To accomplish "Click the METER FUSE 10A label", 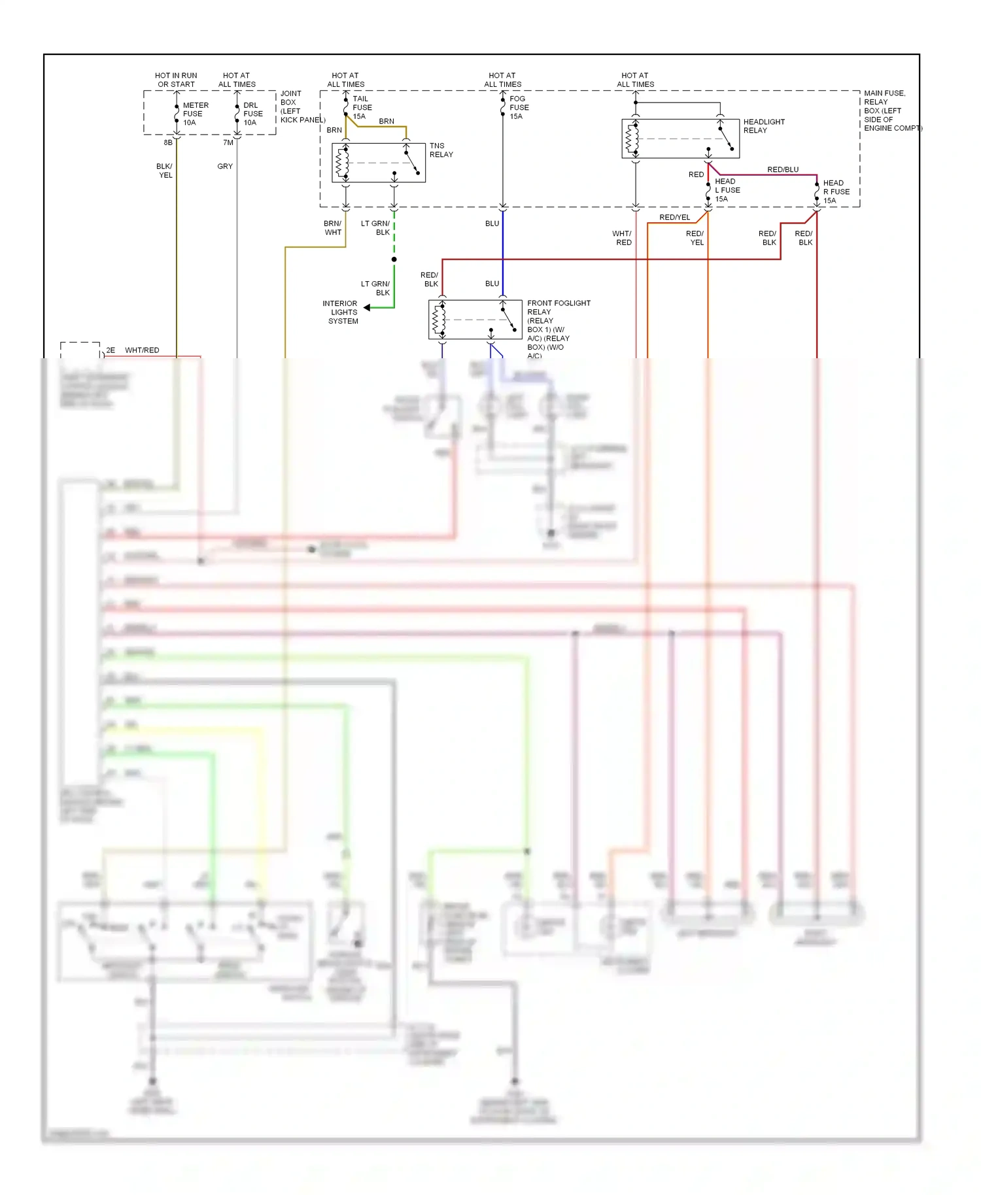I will pos(195,114).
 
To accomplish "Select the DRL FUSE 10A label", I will pos(252,114).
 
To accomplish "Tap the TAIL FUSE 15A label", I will pos(362,108).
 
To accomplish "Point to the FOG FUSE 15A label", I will pos(519,108).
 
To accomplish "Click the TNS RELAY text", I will pos(441,150).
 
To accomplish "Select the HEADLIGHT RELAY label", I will pos(763,126).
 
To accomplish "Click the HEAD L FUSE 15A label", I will pos(727,190).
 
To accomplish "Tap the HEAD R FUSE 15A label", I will pos(836,192).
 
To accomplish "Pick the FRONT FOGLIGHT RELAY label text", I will pos(558,307).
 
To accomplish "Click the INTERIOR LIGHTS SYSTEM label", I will pos(342,312).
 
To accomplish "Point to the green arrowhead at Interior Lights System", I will pos(367,307).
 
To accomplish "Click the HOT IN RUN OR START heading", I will pos(176,80).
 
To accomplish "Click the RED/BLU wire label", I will pos(782,169).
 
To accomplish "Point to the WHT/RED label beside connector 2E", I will pos(142,350).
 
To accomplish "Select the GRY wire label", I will pos(225,167).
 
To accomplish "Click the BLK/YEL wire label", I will pos(165,171).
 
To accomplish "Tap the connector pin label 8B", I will pos(168,143).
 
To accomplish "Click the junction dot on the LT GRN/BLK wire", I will pos(394,260).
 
